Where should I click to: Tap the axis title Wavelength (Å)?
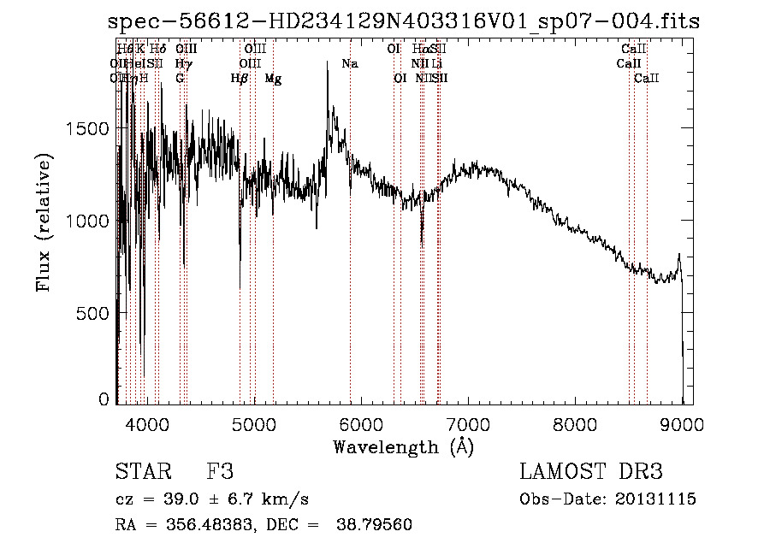[403, 446]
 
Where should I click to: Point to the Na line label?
[349, 64]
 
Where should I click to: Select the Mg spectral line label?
[273, 79]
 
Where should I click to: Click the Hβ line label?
[240, 79]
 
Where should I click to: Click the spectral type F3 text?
[220, 472]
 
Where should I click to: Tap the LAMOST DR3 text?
[591, 472]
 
